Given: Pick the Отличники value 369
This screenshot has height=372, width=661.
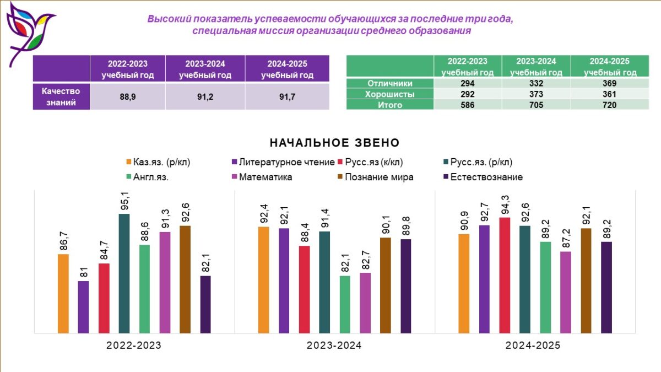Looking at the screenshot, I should click(609, 84).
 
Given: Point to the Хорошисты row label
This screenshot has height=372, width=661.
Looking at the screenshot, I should click(390, 94).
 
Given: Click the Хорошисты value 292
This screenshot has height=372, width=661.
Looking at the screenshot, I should click(467, 94).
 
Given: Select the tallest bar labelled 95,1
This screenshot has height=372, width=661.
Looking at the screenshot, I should click(124, 274).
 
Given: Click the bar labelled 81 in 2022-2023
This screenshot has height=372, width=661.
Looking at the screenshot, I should click(83, 307).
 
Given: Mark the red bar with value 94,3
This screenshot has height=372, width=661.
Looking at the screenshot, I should click(504, 276).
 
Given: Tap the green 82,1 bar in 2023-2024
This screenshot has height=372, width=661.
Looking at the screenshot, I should click(345, 304).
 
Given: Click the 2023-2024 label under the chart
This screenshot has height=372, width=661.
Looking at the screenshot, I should click(334, 346).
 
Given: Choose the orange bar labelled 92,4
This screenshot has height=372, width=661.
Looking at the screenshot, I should click(264, 280).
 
